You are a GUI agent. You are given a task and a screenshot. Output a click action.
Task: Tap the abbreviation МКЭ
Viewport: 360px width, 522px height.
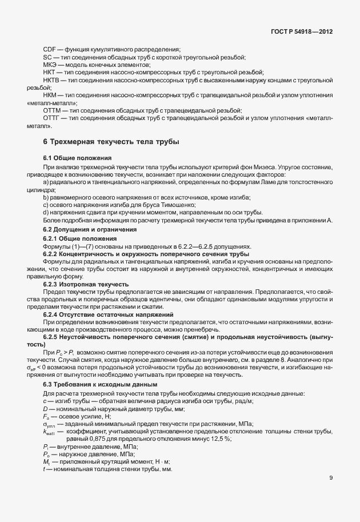50,65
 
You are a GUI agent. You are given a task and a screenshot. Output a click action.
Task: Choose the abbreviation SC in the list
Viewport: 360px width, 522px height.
47,58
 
